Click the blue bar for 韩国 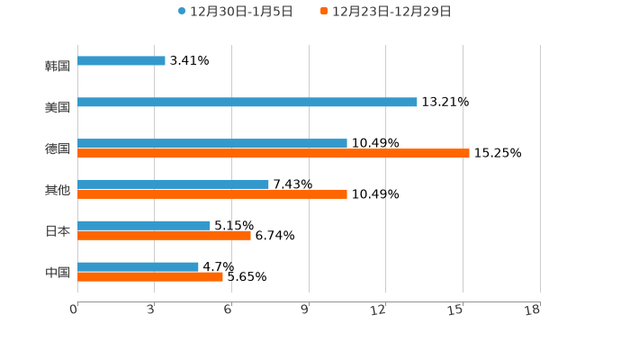click(121, 61)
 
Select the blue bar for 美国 click(247, 103)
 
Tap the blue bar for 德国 click(212, 144)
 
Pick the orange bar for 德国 click(274, 154)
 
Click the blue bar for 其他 click(174, 184)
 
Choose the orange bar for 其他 click(212, 194)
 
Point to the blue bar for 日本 click(144, 226)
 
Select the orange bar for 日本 click(165, 236)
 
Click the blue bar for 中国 click(139, 267)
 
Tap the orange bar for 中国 click(150, 277)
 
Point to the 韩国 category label click(58, 67)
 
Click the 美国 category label click(58, 108)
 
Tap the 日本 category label click(58, 231)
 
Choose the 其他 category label click(58, 190)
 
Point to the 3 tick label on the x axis click(151, 310)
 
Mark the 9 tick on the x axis click(305, 310)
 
